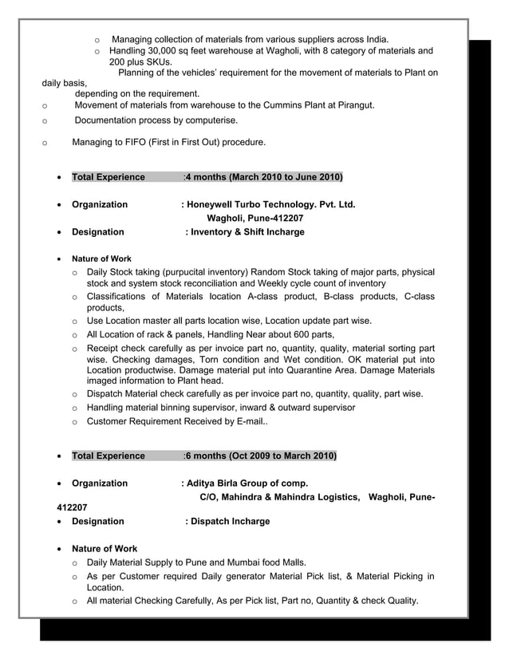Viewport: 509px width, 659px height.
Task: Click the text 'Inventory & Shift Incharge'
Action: (x=247, y=232)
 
